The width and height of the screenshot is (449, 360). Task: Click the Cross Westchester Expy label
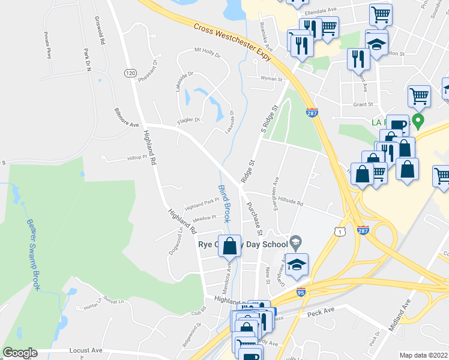pyautogui.click(x=232, y=41)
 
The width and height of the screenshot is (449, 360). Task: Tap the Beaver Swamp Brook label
pyautogui.click(x=33, y=254)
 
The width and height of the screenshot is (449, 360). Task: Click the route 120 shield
pyautogui.click(x=130, y=73)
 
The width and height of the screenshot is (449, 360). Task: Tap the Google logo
pyautogui.click(x=20, y=353)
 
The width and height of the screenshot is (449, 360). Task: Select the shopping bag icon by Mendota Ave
pyautogui.click(x=230, y=246)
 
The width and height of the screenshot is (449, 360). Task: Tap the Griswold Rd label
pyautogui.click(x=100, y=31)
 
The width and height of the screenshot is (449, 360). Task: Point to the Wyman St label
pyautogui.click(x=271, y=79)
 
